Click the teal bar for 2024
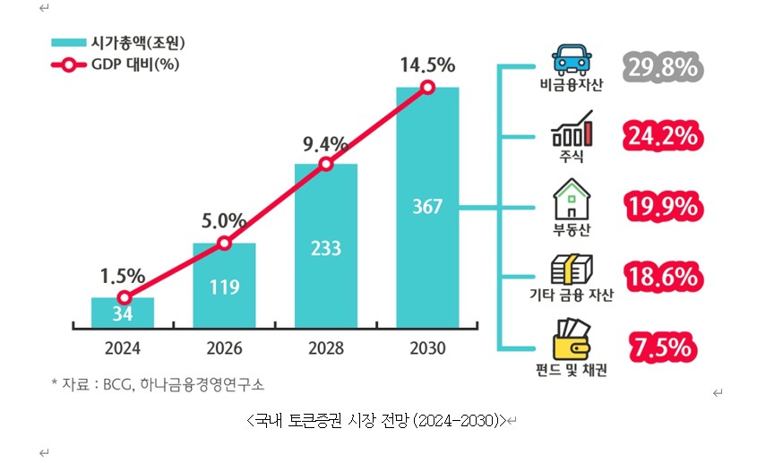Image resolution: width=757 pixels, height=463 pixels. [123, 313]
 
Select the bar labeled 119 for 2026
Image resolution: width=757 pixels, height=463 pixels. [224, 286]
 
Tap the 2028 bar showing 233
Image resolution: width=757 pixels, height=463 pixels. [326, 246]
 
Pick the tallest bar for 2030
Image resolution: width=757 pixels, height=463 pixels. [427, 207]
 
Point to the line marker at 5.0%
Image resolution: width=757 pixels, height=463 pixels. [224, 243]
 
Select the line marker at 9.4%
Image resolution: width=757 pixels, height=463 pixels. [326, 164]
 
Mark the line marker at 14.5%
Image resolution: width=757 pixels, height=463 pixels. [427, 87]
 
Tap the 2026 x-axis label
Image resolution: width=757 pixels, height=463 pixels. [224, 348]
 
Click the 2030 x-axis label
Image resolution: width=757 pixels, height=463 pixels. [427, 348]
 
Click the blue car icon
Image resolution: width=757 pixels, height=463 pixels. [572, 59]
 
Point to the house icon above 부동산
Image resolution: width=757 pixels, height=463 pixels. [572, 200]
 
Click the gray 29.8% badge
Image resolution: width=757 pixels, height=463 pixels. [661, 66]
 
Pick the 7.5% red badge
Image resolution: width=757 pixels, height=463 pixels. [661, 347]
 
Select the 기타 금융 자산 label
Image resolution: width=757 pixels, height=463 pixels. [572, 296]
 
